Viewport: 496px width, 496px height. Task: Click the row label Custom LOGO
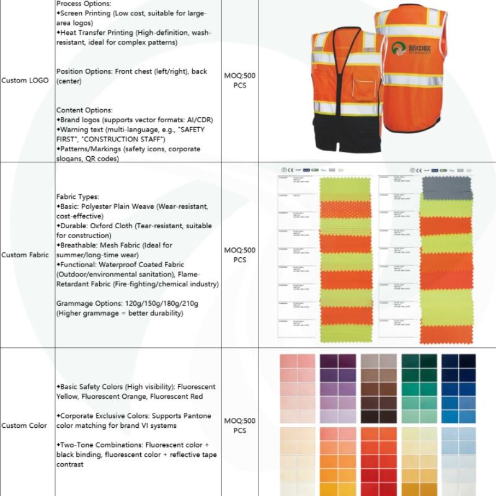click(x=25, y=81)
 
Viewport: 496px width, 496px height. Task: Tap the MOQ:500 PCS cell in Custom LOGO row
click(x=239, y=81)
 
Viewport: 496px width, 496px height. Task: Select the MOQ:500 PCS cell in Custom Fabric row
click(x=239, y=255)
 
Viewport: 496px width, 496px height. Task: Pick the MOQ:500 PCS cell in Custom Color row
click(x=239, y=425)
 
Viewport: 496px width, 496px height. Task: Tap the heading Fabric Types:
click(x=77, y=197)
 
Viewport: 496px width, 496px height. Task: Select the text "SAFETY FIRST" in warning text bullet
click(x=193, y=130)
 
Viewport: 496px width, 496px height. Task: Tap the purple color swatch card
click(x=338, y=389)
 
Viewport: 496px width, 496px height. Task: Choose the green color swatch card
click(x=419, y=389)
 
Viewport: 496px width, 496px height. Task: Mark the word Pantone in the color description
click(x=198, y=416)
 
